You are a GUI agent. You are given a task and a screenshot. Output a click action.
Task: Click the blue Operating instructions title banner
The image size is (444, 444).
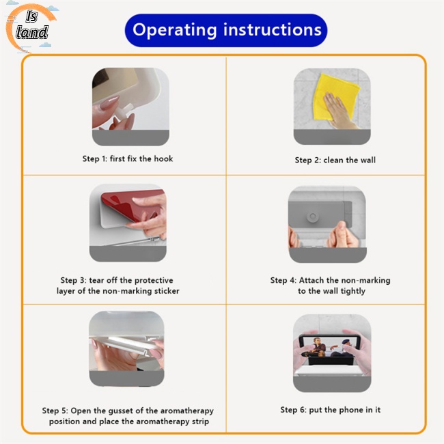(x=226, y=30)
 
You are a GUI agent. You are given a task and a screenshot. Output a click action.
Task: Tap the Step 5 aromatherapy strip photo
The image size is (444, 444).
(x=126, y=348)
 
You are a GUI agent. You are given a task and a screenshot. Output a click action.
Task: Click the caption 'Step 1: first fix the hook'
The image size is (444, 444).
(x=128, y=159)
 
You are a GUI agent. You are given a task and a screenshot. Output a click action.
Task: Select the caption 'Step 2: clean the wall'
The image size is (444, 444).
(x=335, y=161)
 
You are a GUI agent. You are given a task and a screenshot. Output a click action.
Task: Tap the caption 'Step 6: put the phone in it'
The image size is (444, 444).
(x=330, y=410)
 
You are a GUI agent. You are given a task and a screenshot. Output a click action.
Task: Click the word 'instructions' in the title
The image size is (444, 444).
(x=272, y=30)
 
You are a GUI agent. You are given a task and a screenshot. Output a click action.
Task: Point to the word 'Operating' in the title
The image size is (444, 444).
(x=174, y=30)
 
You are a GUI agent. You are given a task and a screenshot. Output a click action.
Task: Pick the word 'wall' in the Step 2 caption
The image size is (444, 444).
(x=367, y=161)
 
